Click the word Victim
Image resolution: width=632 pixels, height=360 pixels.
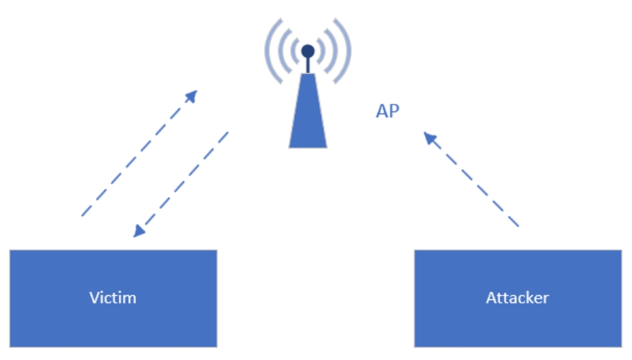tap(113, 298)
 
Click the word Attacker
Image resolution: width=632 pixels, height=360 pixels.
tap(517, 298)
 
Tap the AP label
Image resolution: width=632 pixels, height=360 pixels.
tap(387, 111)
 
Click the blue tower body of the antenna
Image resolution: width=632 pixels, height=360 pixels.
tap(308, 118)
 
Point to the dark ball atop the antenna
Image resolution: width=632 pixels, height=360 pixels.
tap(308, 50)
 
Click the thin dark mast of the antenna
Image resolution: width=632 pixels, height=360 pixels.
tap(308, 65)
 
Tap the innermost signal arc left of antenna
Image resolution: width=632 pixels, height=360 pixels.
tap(291, 51)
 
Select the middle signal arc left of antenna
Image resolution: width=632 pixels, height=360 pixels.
tap(279, 51)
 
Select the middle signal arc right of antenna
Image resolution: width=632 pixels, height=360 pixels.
tap(337, 51)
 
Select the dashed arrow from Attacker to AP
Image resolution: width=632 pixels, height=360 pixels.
tap(474, 181)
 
